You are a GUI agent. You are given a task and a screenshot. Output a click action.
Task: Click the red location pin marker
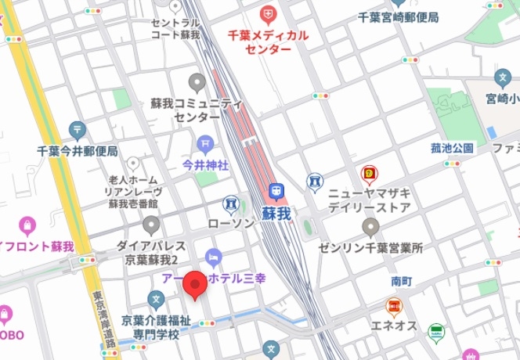pos(194,286)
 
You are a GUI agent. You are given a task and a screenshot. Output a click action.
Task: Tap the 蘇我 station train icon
pos(276,191)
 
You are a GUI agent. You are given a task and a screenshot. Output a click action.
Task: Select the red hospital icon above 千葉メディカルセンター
pos(269,14)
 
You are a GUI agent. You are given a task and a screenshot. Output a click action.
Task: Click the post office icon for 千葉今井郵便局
pos(77,129)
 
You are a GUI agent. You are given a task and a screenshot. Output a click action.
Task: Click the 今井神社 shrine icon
pos(205,143)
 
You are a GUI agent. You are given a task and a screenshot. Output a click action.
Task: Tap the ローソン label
pos(231,223)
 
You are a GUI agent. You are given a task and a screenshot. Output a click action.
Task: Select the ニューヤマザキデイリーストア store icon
pos(368,174)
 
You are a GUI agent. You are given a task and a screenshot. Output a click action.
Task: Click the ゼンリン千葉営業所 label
pos(371,248)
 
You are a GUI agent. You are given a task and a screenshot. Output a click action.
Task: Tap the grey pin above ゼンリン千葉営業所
pos(371,227)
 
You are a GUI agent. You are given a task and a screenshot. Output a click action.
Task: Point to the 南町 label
pos(401,280)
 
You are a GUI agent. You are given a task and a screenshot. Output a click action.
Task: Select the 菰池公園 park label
pos(452,148)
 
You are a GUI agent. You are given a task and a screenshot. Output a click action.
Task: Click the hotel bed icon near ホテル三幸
pos(212,257)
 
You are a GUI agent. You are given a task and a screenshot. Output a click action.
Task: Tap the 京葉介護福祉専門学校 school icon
pos(157,298)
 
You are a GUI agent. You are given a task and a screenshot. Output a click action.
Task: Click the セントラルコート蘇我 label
pos(176,30)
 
